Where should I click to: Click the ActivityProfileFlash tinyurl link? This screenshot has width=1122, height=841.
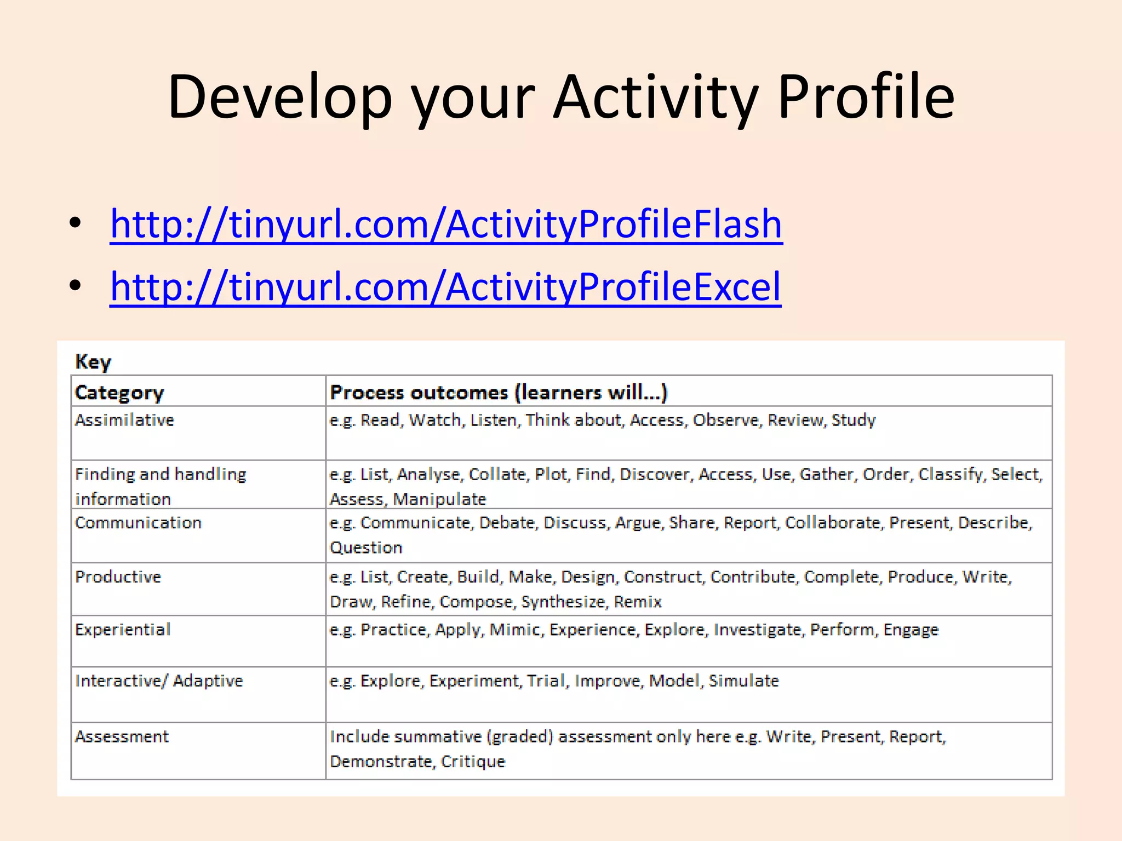(x=446, y=224)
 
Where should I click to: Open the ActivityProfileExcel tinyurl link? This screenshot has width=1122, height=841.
(x=445, y=286)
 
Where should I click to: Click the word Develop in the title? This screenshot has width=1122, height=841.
(x=279, y=97)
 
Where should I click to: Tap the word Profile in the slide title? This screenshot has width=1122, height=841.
(x=866, y=97)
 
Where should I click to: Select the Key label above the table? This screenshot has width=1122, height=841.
(x=93, y=362)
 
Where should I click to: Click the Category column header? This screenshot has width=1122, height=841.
(x=119, y=393)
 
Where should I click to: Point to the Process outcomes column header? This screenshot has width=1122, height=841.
(x=498, y=393)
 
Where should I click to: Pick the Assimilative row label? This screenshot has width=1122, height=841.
(x=124, y=420)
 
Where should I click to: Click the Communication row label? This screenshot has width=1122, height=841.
(x=138, y=523)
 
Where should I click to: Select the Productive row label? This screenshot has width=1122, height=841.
(x=118, y=577)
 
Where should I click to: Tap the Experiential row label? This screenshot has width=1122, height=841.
(x=123, y=630)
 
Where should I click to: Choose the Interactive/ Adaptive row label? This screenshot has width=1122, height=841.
(x=159, y=681)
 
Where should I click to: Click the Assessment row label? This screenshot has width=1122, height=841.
(x=122, y=736)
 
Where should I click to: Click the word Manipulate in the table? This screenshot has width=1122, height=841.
(x=439, y=499)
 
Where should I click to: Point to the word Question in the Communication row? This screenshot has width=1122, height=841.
(x=366, y=548)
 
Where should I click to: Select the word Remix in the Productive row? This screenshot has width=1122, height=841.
(x=638, y=602)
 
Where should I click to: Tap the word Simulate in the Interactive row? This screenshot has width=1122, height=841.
(x=743, y=681)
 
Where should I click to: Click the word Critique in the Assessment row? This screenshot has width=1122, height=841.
(x=473, y=762)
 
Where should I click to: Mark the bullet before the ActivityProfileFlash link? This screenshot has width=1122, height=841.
(x=75, y=223)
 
